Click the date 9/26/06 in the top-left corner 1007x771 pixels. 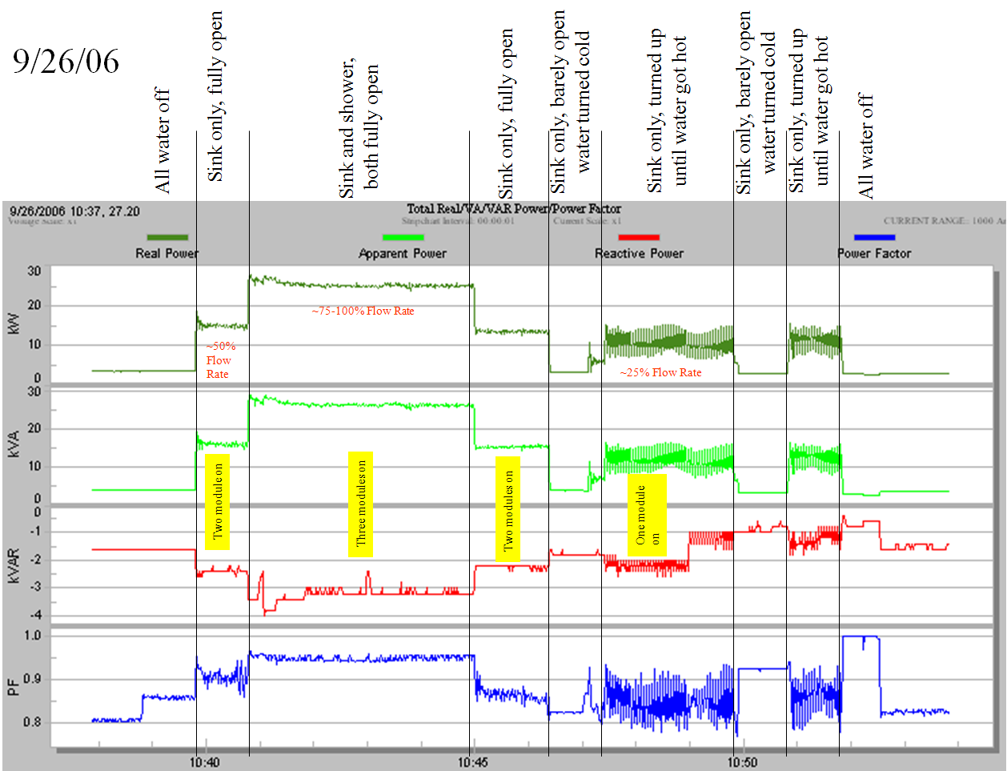tap(66, 62)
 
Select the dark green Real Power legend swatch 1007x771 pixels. tap(167, 237)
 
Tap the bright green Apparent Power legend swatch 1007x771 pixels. tap(403, 237)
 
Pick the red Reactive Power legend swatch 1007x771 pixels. tap(639, 237)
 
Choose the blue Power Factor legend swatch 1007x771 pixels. tap(874, 237)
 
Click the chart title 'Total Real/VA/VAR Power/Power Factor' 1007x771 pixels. tap(513, 209)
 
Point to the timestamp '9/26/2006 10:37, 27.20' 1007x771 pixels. tap(74, 211)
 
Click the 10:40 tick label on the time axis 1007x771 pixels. tap(204, 762)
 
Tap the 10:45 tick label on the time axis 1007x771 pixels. tap(472, 762)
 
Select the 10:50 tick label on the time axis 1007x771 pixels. tap(742, 762)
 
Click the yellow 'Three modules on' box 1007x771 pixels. tap(360, 504)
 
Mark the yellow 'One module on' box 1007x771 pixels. tap(647, 515)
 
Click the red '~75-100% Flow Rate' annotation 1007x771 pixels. tap(363, 311)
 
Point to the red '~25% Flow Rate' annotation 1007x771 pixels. tap(660, 372)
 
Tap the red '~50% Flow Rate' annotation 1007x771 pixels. tap(219, 359)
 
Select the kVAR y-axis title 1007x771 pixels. tap(13, 564)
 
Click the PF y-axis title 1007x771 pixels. tap(13, 687)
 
